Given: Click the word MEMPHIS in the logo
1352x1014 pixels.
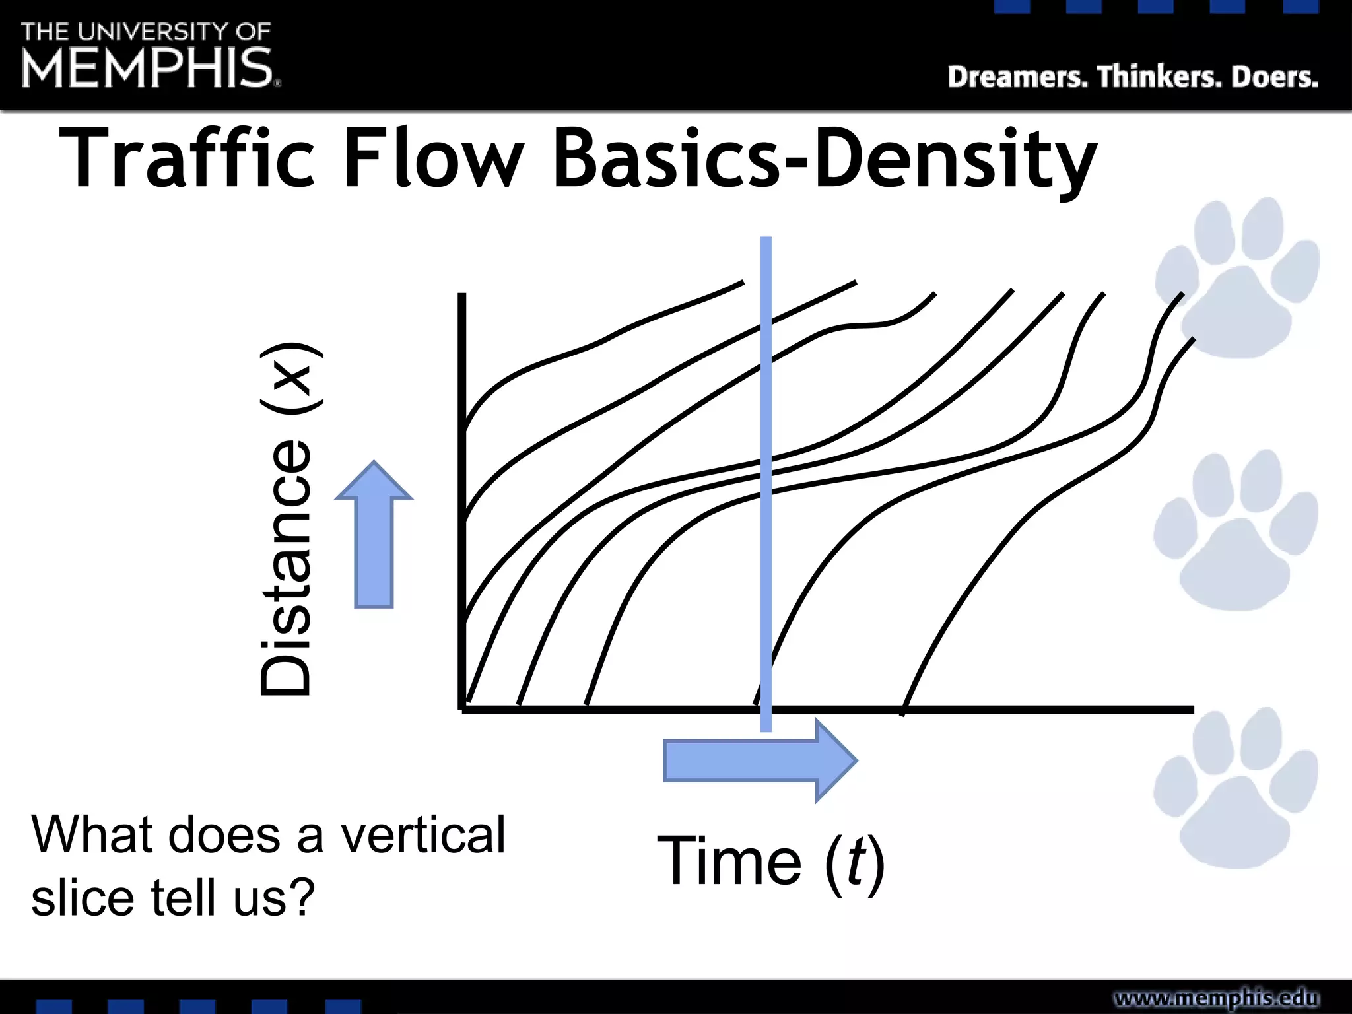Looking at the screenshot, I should [x=147, y=67].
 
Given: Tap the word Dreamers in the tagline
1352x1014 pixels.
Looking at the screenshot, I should [x=1017, y=77].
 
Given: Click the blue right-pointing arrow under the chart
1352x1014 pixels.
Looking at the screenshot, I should [x=759, y=760].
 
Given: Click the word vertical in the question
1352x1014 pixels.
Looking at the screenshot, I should [x=422, y=834].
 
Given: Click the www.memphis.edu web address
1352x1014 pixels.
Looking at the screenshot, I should [x=1216, y=997].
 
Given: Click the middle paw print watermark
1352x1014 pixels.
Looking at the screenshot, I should [x=1236, y=532].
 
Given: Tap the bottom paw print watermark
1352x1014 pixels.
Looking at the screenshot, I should [x=1236, y=790].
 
